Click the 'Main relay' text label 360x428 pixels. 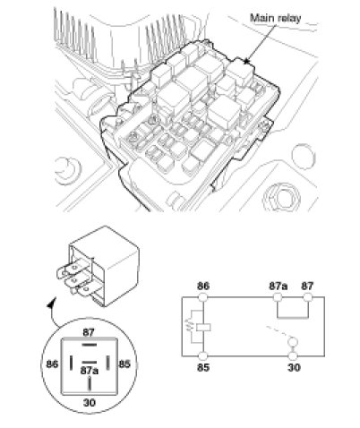275,18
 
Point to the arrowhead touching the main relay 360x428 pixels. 246,61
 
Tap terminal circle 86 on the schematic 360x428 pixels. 203,297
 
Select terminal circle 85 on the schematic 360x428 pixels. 203,356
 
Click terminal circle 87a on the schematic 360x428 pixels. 278,297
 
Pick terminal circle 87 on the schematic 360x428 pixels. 307,297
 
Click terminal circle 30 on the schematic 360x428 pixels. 293,356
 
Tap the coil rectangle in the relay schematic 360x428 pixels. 203,327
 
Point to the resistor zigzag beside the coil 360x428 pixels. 189,326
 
